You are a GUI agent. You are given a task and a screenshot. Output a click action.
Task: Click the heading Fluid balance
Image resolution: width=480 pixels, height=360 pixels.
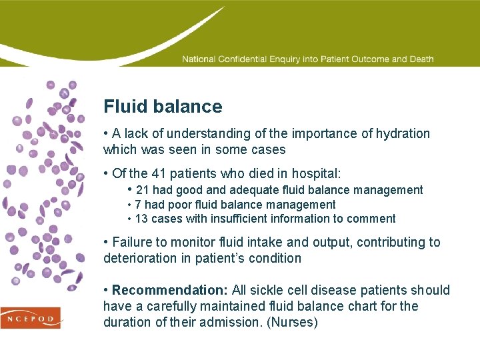click(x=163, y=107)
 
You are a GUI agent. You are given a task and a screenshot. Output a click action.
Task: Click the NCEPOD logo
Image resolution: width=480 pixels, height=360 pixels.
click(x=30, y=317)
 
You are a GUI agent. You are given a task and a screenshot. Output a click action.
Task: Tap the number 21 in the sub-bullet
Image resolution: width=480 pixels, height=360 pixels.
click(x=143, y=191)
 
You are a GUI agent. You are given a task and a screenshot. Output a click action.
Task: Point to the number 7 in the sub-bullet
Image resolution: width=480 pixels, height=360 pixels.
click(x=138, y=205)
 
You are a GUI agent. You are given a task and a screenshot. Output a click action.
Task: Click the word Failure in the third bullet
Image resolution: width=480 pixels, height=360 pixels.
click(x=132, y=242)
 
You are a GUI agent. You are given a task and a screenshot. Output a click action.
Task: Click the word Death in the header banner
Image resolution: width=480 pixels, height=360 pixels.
click(x=421, y=59)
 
